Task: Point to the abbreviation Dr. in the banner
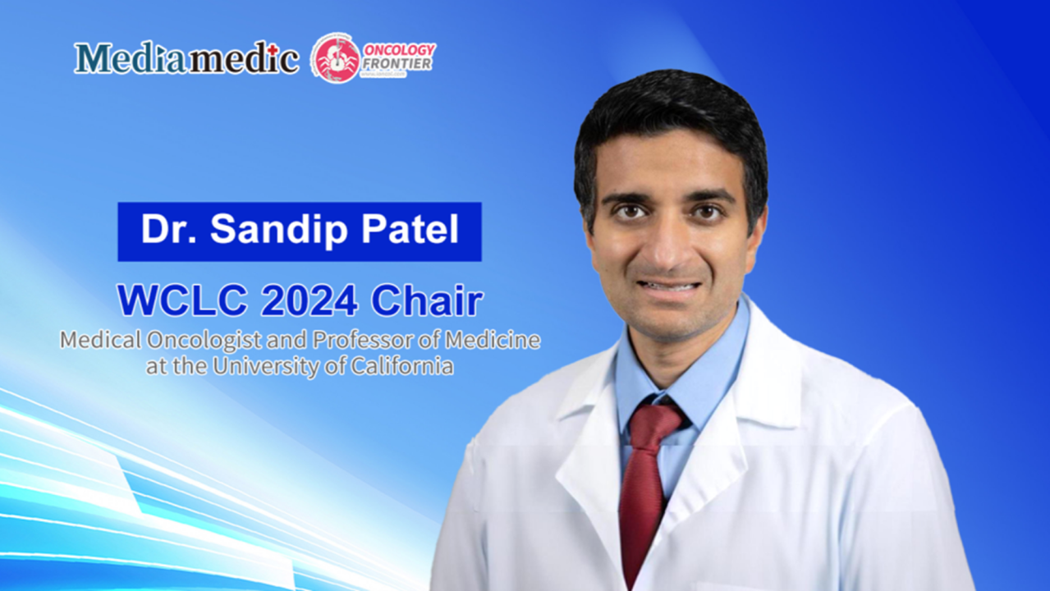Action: [170, 231]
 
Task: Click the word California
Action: [402, 365]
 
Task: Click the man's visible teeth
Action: [669, 286]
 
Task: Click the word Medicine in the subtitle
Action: [500, 341]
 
